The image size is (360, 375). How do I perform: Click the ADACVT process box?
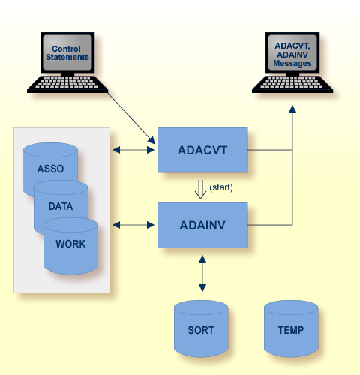coord(202,150)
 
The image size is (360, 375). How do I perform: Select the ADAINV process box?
coord(202,224)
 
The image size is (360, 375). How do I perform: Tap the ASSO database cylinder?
coord(51,169)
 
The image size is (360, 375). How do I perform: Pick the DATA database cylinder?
coord(61,204)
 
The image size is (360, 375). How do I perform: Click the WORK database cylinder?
coord(70,243)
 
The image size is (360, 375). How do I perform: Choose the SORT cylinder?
coord(201,328)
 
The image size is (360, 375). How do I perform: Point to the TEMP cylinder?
coord(291,328)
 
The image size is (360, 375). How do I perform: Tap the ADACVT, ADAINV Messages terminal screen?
coord(291,54)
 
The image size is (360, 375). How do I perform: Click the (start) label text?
coord(221,187)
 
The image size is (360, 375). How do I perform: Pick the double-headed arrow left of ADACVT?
coord(133,150)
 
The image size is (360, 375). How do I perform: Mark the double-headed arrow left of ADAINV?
coord(133,223)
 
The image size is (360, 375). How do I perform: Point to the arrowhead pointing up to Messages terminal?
coord(292,109)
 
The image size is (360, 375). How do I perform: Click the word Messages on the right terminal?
coord(291,63)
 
